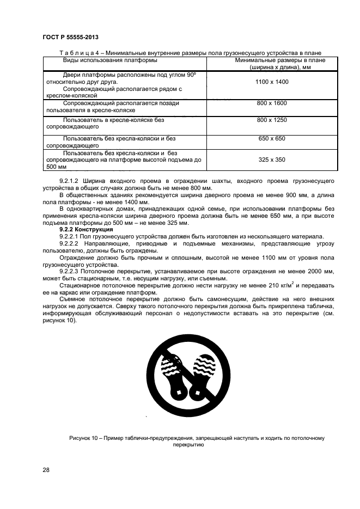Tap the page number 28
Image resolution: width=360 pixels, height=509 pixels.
(x=46, y=469)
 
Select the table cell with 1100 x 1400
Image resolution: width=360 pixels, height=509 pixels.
(x=271, y=82)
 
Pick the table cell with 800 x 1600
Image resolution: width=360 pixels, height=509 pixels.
(x=271, y=103)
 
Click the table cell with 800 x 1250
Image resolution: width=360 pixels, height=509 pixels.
(x=271, y=120)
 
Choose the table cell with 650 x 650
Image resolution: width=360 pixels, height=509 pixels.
(x=271, y=139)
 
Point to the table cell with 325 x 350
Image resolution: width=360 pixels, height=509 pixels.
(x=271, y=160)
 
